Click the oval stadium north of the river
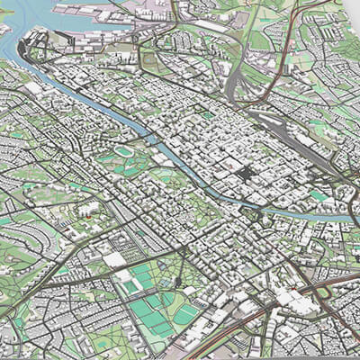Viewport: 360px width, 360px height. [123, 152]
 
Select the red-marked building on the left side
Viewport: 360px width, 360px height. [88, 214]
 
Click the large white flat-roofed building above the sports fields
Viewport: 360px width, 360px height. [114, 260]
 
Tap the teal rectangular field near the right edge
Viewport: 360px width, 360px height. [319, 194]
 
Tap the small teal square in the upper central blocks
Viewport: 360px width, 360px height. [209, 115]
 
